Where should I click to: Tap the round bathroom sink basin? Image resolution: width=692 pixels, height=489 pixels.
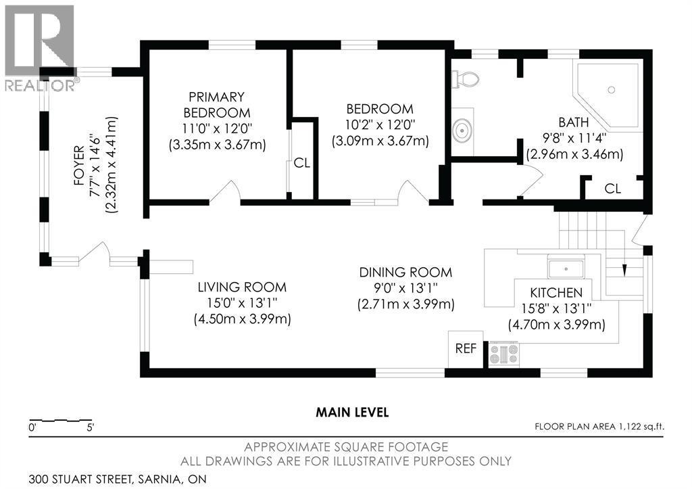click(462, 131)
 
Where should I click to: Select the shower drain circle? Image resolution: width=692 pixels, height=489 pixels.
click(611, 90)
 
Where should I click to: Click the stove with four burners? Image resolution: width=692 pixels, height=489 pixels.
click(503, 354)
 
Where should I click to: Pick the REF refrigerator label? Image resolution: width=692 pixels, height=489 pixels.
click(466, 348)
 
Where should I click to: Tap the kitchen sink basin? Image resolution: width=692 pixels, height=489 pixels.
click(566, 268)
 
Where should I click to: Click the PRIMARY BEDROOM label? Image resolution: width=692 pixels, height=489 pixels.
click(217, 104)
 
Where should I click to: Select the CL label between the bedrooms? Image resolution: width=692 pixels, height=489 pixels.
click(302, 163)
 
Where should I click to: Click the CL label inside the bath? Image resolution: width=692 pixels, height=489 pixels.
click(612, 189)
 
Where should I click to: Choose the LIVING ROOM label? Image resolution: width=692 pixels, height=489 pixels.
click(242, 287)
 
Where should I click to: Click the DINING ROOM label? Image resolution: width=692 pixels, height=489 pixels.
click(405, 272)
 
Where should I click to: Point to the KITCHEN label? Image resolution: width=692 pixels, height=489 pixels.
click(556, 292)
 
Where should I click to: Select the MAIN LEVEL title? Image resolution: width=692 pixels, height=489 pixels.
click(352, 413)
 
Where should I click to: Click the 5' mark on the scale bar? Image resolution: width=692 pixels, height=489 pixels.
click(91, 427)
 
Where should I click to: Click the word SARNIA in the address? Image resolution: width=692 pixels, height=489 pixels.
click(157, 479)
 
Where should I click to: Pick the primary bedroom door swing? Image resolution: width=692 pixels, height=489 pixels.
click(226, 191)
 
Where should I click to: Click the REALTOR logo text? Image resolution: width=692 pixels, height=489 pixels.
click(40, 85)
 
